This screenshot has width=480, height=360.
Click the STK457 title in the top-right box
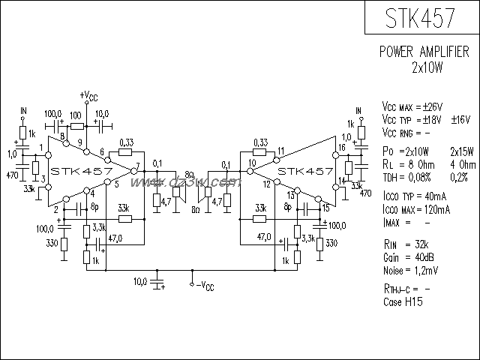pyautogui.click(x=421, y=19)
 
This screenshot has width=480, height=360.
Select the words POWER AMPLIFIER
pyautogui.click(x=424, y=53)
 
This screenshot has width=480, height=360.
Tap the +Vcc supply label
pyautogui.click(x=88, y=96)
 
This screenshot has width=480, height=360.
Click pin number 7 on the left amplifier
pyautogui.click(x=138, y=163)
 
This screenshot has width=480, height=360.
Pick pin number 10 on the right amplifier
pyautogui.click(x=252, y=163)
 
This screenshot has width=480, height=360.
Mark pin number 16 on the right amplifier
pyautogui.click(x=342, y=148)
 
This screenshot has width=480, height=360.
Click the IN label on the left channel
pyautogui.click(x=23, y=111)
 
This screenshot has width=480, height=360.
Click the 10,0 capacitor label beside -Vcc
pyautogui.click(x=140, y=281)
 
